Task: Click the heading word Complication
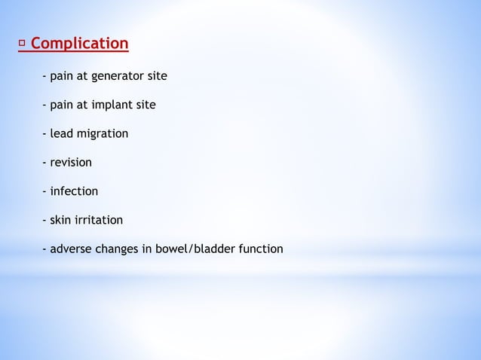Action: coord(80,44)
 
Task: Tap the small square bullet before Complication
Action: coord(22,44)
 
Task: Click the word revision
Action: coord(71,162)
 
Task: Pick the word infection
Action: coord(74,191)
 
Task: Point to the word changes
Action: coord(119,249)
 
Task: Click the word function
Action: coord(259,249)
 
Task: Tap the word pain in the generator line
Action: coord(63,76)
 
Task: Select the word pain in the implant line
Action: coord(63,105)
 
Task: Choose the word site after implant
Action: coord(145,105)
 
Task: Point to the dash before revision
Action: coord(44,163)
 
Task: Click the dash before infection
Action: coord(44,191)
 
